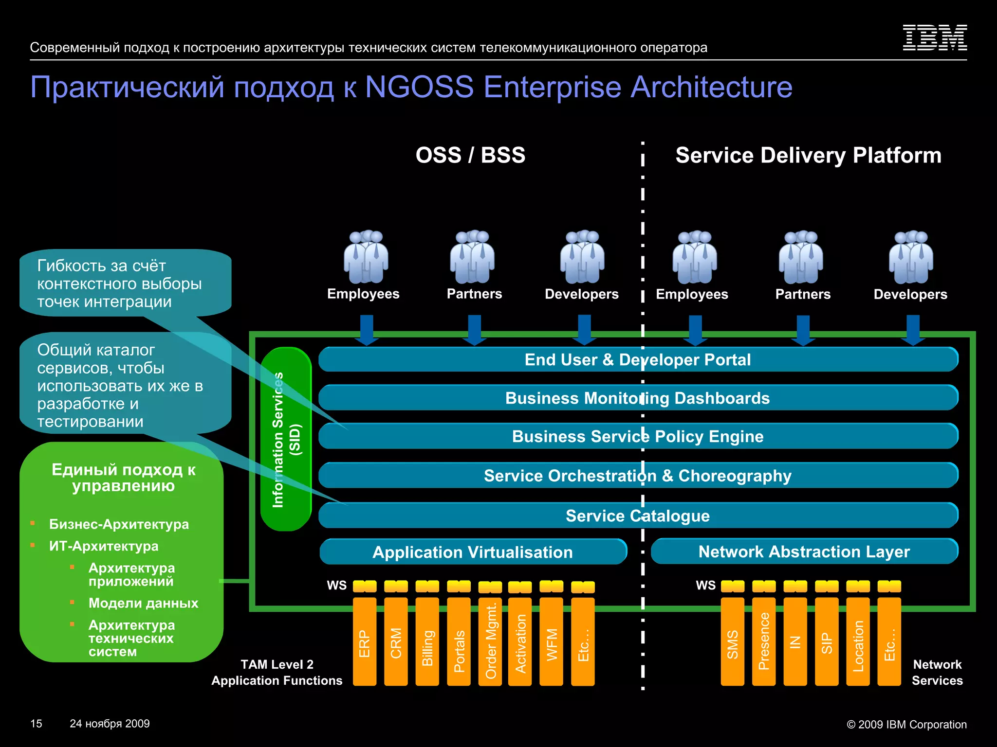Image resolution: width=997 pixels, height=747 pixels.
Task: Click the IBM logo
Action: pyautogui.click(x=935, y=38)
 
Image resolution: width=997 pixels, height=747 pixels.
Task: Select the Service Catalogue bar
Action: pyautogui.click(x=638, y=516)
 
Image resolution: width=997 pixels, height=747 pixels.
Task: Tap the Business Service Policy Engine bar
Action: pyautogui.click(x=638, y=436)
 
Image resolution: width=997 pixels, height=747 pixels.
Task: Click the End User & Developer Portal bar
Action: pyautogui.click(x=638, y=359)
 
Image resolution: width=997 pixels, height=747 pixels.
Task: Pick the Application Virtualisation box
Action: pyautogui.click(x=473, y=552)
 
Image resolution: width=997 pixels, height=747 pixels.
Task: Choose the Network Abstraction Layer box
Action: pyautogui.click(x=804, y=551)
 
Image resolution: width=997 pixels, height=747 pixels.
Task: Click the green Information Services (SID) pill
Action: pyautogui.click(x=286, y=439)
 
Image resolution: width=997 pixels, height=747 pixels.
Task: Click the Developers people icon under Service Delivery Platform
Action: pyautogui.click(x=911, y=257)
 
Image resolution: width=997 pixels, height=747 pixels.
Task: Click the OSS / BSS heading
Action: pyautogui.click(x=470, y=155)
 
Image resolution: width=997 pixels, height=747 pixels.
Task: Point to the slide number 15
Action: pyautogui.click(x=36, y=724)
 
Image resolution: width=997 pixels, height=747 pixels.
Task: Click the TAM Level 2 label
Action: pyautogui.click(x=277, y=664)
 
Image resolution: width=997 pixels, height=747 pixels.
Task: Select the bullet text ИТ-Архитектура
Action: pyautogui.click(x=104, y=546)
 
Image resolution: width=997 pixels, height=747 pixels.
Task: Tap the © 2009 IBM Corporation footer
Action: pyautogui.click(x=906, y=724)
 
